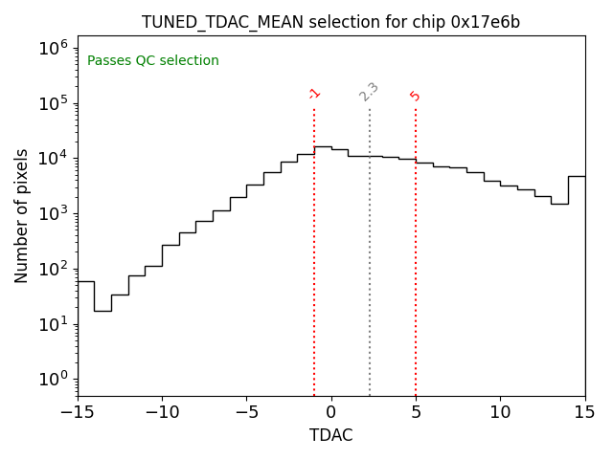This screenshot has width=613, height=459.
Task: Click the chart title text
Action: [x=330, y=22]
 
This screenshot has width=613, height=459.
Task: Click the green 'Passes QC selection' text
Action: [x=153, y=61]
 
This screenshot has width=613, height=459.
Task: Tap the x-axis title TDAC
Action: [x=330, y=435]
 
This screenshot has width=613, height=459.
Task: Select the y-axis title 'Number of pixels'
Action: [x=22, y=215]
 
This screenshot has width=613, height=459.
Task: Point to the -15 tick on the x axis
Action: [x=78, y=412]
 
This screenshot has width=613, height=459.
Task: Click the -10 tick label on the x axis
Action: [x=162, y=412]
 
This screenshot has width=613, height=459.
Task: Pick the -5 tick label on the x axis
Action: [x=246, y=412]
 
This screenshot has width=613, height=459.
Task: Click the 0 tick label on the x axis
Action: [x=331, y=412]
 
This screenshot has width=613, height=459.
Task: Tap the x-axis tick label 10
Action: [x=500, y=412]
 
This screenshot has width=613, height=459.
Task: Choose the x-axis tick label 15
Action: [x=584, y=412]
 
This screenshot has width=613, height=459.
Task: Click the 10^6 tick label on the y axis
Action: [x=53, y=48]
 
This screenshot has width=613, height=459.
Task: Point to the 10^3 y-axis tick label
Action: [x=53, y=213]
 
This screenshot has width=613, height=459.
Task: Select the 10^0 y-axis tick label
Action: [x=53, y=379]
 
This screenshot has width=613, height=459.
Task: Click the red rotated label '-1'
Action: [x=314, y=94]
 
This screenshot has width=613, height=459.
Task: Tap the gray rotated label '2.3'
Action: [x=369, y=91]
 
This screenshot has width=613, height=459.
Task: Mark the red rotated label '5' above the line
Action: [x=415, y=96]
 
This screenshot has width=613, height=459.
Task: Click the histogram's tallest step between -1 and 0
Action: [x=323, y=146]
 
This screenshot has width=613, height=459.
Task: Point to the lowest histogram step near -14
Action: [x=102, y=311]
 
